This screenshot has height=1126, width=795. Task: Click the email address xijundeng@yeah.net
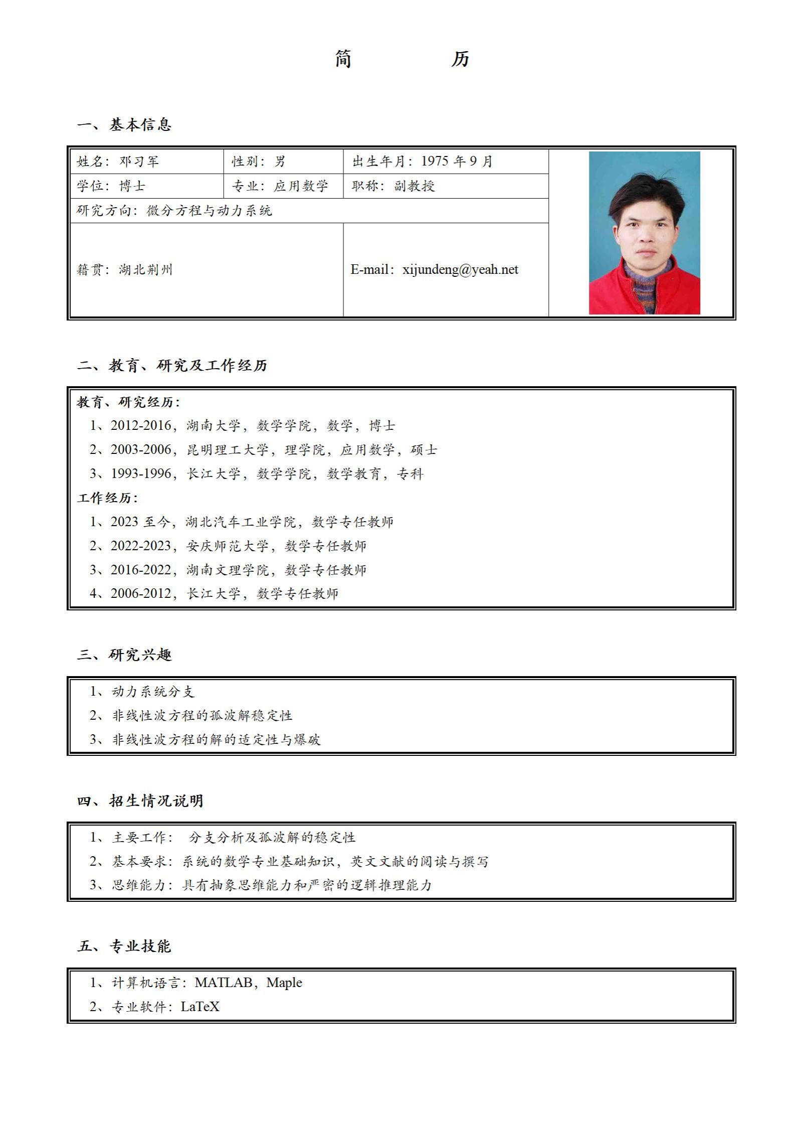[460, 270]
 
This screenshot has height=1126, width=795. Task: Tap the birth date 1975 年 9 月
[457, 161]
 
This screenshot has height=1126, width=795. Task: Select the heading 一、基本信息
[124, 124]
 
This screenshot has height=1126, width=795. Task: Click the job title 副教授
[414, 186]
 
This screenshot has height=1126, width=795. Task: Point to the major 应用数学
[301, 186]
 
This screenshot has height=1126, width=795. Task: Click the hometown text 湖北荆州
[145, 270]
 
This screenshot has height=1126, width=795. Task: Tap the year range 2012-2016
[141, 426]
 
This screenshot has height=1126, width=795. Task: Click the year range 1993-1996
[141, 474]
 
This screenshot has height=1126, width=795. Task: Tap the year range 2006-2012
[141, 594]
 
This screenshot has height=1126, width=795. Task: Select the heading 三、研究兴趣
[124, 655]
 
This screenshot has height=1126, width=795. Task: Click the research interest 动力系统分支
[153, 692]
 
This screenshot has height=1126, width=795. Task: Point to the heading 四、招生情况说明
[140, 800]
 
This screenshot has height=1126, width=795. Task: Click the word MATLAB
[224, 983]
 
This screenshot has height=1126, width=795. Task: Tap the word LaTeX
[200, 1007]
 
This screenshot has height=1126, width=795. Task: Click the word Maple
[284, 983]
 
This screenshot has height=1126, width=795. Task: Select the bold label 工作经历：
[107, 498]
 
